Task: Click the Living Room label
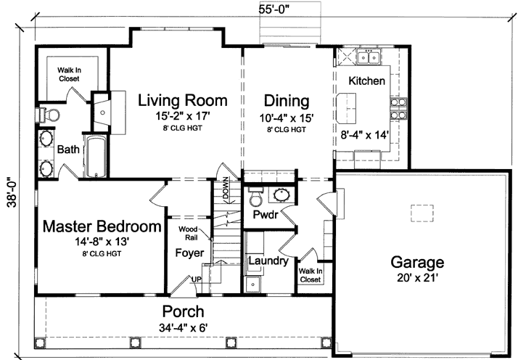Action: [183, 100]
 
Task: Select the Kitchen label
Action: [366, 81]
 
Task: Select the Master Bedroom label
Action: [102, 226]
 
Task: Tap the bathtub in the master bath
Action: [95, 157]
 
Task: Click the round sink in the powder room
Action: [280, 195]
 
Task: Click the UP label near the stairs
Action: [195, 279]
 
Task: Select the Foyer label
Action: [189, 253]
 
